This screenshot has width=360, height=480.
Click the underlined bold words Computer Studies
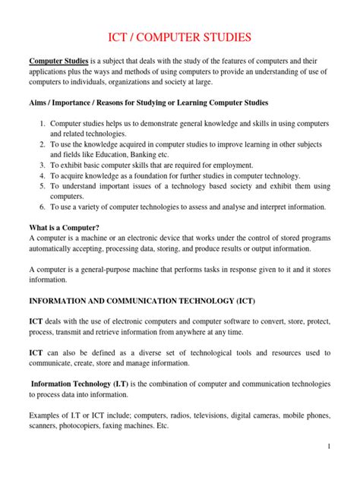coord(58,60)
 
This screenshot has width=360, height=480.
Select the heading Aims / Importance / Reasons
coord(148,103)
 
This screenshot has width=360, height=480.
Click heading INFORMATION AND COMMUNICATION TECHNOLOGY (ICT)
coord(142,301)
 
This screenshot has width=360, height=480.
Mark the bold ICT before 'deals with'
coord(36,322)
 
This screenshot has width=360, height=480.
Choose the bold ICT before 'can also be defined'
coord(36,352)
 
